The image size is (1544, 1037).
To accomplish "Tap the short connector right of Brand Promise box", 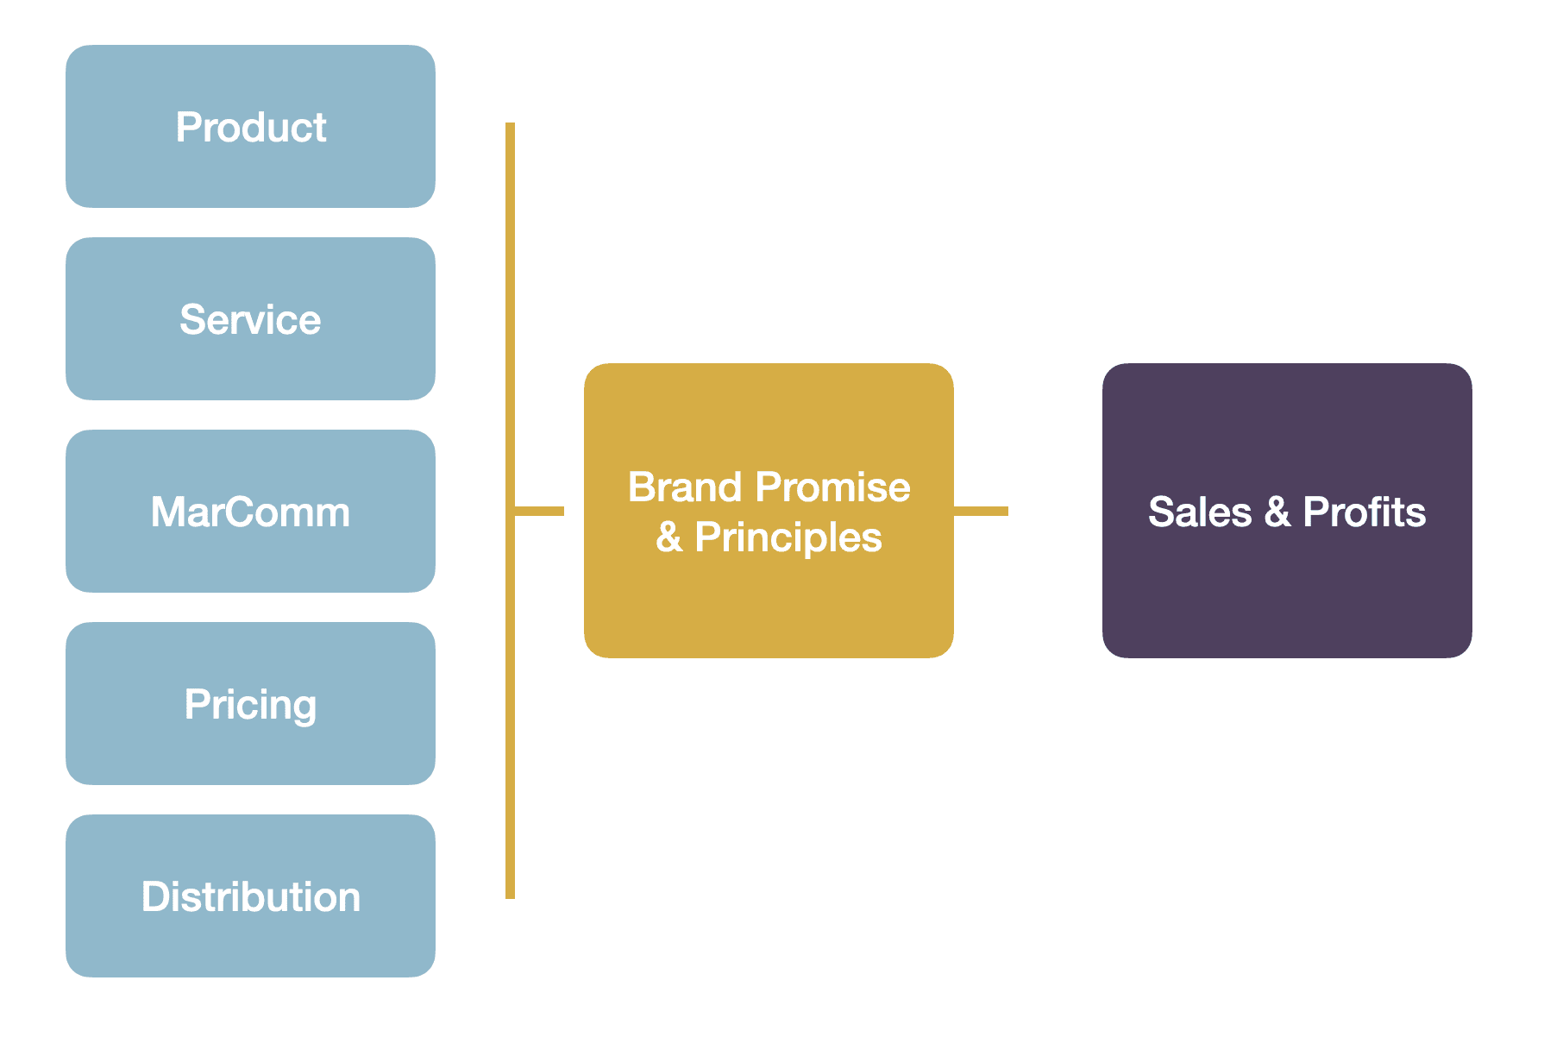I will (x=982, y=511).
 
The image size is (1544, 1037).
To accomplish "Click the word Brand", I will (x=685, y=487).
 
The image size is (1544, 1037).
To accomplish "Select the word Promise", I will (x=832, y=487).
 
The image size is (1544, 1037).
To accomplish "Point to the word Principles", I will (x=788, y=537).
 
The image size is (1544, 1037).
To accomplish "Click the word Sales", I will (x=1199, y=512).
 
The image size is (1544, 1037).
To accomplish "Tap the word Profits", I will (x=1364, y=512).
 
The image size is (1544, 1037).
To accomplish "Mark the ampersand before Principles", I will (x=669, y=537).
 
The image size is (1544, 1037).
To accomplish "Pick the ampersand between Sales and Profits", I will (x=1277, y=512).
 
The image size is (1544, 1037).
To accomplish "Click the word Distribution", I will (x=250, y=897).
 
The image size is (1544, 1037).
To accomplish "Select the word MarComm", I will (x=250, y=512).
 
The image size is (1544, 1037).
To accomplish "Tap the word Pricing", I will (x=250, y=705).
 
